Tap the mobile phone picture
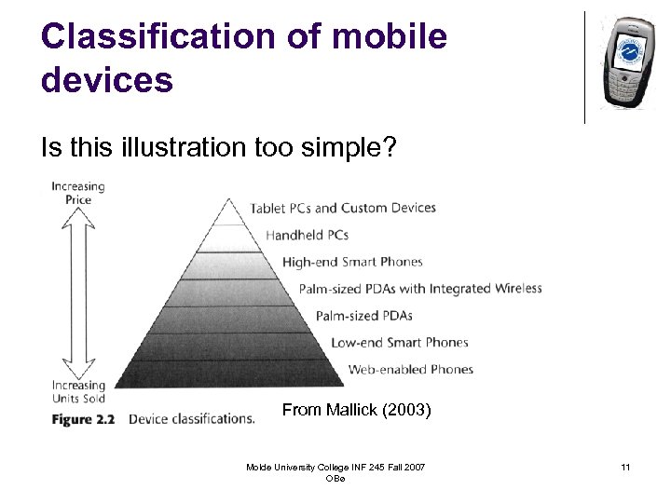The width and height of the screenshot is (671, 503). (x=626, y=61)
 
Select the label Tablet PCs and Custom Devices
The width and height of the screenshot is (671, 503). (x=342, y=208)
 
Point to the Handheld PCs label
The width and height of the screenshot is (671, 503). (x=307, y=235)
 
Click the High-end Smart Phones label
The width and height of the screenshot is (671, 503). (x=352, y=262)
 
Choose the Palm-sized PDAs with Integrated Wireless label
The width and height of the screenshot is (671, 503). (x=420, y=289)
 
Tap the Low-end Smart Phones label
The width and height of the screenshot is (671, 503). (x=399, y=343)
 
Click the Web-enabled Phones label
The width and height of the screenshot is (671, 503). (x=410, y=370)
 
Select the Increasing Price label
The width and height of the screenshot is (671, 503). (x=78, y=193)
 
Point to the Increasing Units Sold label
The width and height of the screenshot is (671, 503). (x=78, y=392)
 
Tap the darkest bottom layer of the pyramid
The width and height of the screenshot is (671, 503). (x=229, y=374)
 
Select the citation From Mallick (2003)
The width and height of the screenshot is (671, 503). (x=356, y=410)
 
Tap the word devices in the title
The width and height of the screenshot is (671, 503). (x=106, y=80)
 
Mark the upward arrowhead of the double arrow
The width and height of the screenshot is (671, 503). (x=78, y=218)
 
